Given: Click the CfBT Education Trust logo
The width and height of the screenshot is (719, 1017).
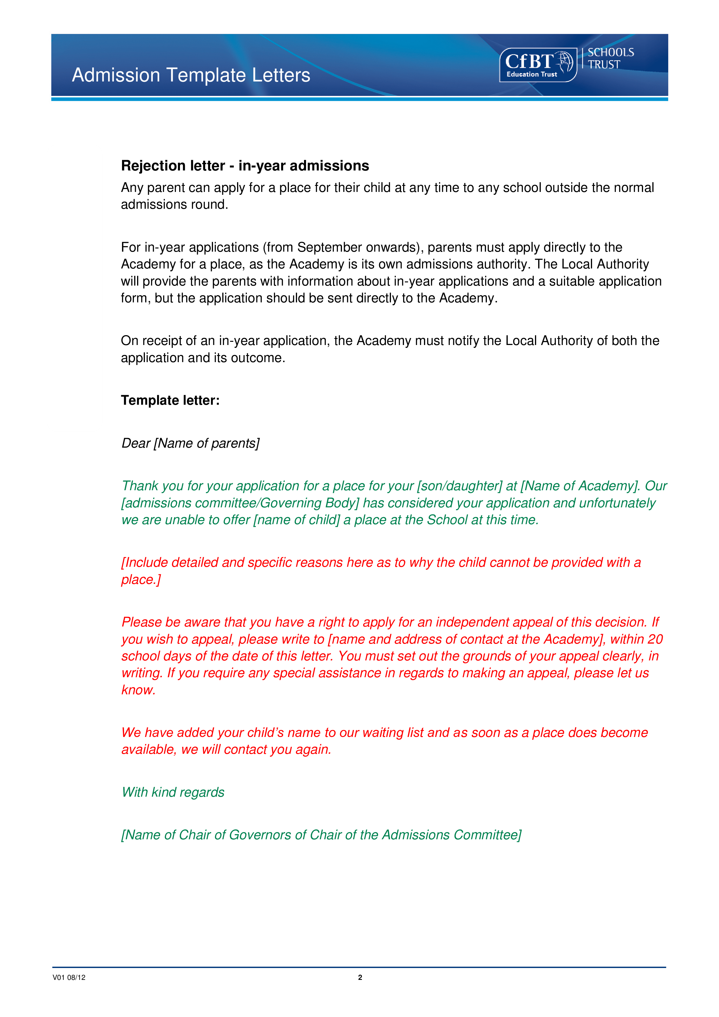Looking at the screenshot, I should pyautogui.click(x=538, y=65).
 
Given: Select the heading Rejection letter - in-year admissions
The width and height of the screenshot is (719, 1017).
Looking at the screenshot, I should pyautogui.click(x=245, y=166).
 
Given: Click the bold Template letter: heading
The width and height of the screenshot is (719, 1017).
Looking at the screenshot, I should pyautogui.click(x=170, y=400).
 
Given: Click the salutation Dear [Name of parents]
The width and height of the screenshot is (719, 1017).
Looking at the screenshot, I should pyautogui.click(x=190, y=443).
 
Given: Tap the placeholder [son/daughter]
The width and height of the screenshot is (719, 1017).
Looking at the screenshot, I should pyautogui.click(x=459, y=486).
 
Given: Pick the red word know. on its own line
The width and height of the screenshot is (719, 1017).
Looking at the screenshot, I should pyautogui.click(x=139, y=690).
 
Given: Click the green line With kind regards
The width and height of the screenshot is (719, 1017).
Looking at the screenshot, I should pyautogui.click(x=173, y=792).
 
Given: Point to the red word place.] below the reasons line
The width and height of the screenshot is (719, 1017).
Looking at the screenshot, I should pyautogui.click(x=141, y=579).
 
